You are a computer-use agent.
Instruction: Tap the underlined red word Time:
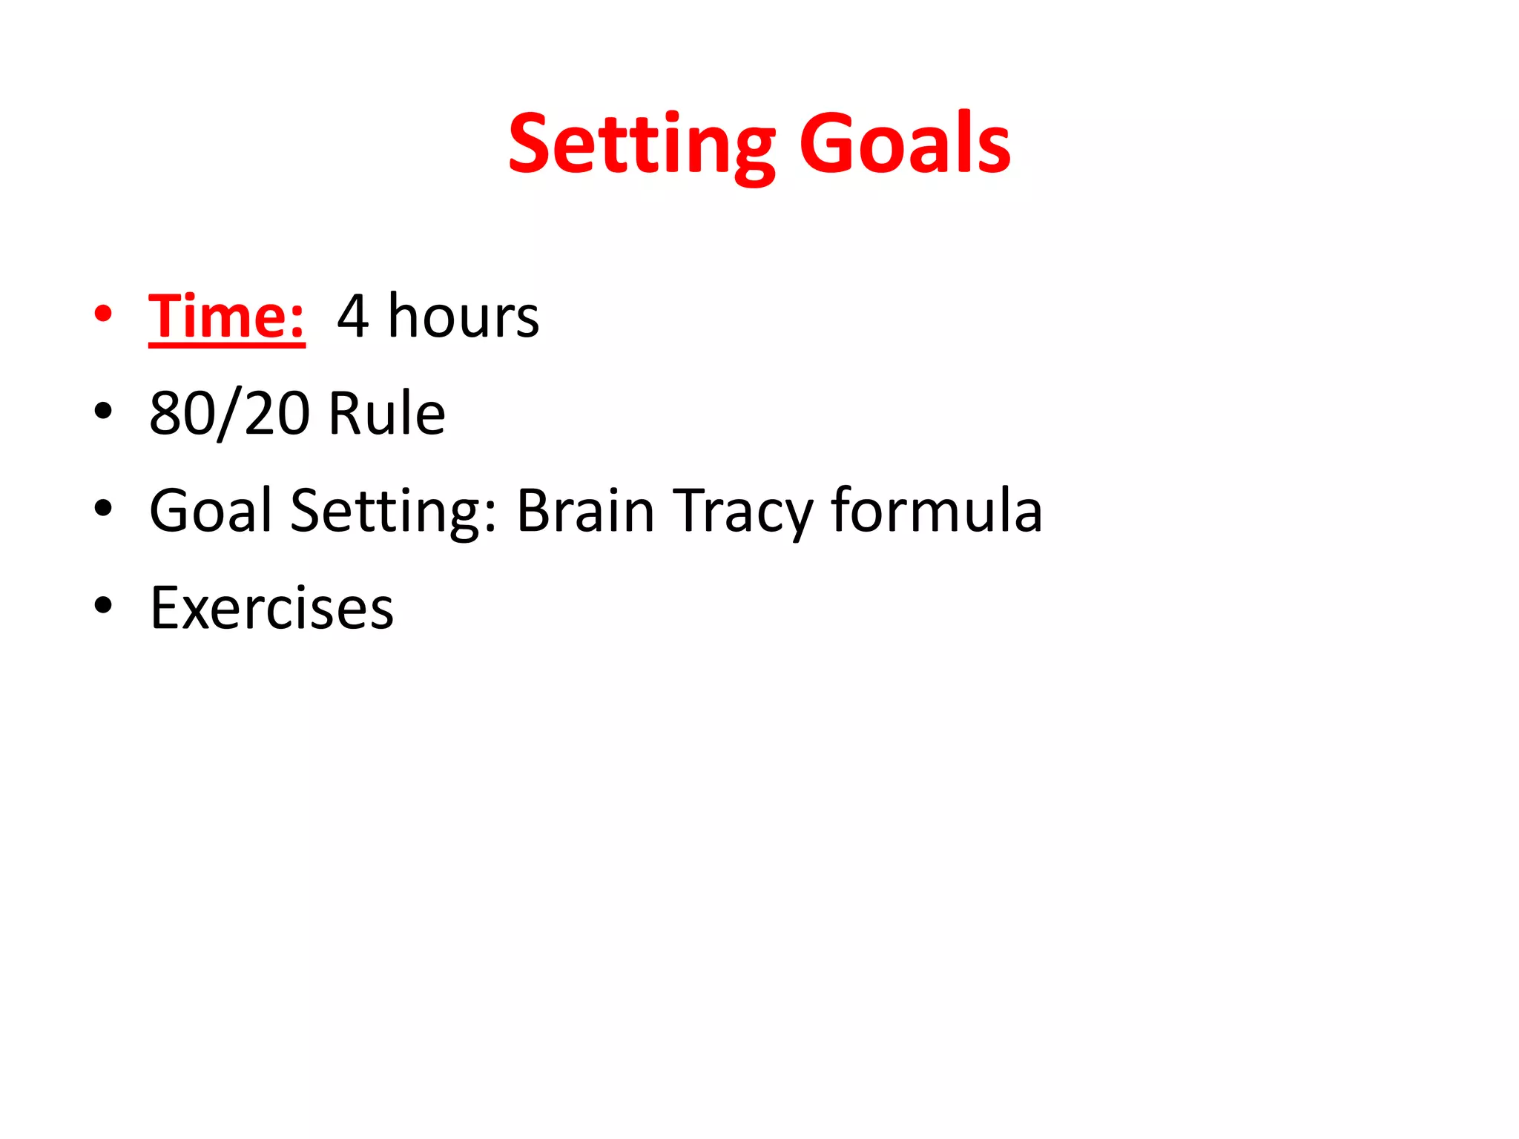(226, 317)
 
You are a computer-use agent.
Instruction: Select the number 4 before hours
(353, 317)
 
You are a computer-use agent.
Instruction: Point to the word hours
(464, 317)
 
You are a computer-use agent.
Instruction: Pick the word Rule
(386, 414)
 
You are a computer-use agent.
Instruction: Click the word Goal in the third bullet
(211, 511)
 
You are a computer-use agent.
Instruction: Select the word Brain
(585, 511)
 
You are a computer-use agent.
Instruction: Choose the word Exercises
(271, 609)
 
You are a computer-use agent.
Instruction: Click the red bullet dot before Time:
(103, 314)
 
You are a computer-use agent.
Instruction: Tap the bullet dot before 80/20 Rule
(103, 411)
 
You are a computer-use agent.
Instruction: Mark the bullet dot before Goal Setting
(103, 509)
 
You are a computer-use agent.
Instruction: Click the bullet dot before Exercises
(103, 605)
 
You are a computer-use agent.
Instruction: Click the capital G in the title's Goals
(826, 142)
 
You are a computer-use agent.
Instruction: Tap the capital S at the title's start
(531, 142)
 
